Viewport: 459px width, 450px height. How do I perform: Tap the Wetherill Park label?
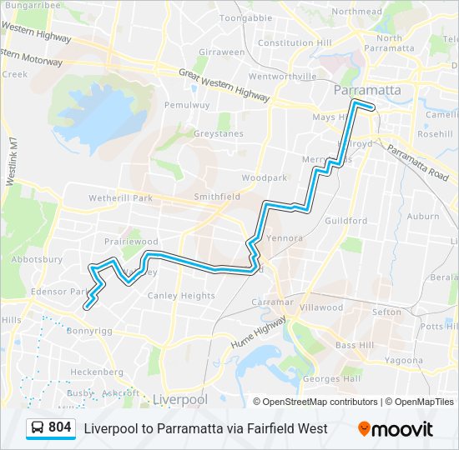pos(120,198)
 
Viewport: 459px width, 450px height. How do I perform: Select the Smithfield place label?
pos(217,197)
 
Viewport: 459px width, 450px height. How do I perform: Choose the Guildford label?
pos(346,221)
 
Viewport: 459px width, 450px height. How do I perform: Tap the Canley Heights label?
pos(181,296)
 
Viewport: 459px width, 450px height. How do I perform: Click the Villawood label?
pos(321,307)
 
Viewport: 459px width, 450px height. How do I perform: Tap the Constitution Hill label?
pos(295,42)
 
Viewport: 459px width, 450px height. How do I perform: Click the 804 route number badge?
pos(59,427)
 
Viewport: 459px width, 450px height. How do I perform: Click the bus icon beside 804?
pos(38,428)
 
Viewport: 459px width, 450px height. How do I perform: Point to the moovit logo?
pos(396,429)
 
